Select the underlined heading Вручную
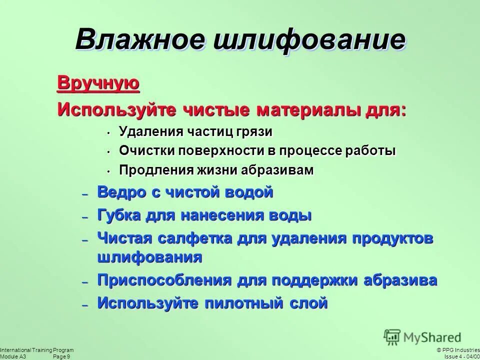pyautogui.click(x=98, y=83)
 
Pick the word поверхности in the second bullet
pyautogui.click(x=223, y=151)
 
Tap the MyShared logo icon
pyautogui.click(x=393, y=336)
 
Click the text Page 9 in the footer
pyautogui.click(x=61, y=356)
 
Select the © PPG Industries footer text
pyautogui.click(x=457, y=350)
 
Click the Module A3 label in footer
pyautogui.click(x=13, y=356)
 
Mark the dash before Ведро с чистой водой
pyautogui.click(x=85, y=194)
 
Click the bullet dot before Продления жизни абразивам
pyautogui.click(x=107, y=171)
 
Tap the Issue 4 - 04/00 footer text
pyautogui.click(x=461, y=356)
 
